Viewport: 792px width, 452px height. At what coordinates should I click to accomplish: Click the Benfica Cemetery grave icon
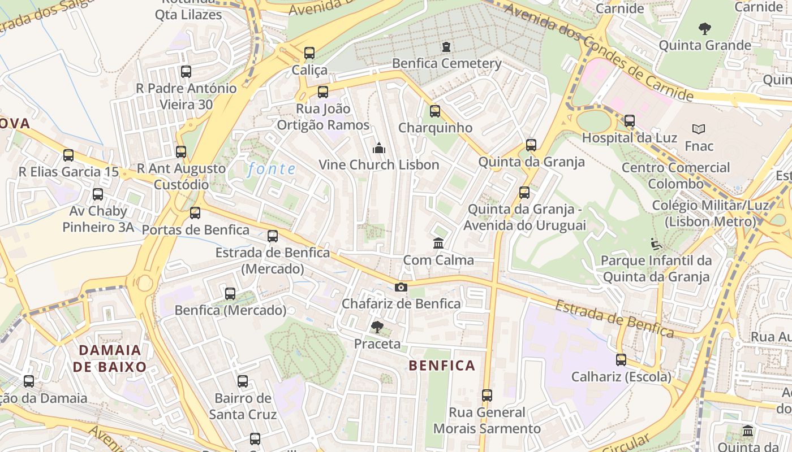[446, 46]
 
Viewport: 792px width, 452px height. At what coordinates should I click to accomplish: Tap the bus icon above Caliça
[309, 53]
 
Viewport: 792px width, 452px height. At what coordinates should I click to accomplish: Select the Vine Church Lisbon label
[379, 165]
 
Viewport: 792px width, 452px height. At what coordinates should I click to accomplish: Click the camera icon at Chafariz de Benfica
[401, 288]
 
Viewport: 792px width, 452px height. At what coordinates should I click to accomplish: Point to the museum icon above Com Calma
[438, 244]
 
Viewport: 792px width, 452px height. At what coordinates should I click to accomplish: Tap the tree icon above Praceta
[377, 327]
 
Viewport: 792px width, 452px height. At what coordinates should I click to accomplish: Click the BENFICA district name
[442, 366]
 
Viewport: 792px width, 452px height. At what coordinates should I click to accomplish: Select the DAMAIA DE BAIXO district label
[110, 358]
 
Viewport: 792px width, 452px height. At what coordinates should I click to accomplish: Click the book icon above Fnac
[699, 129]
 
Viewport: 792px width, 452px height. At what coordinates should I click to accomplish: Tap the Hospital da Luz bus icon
[629, 120]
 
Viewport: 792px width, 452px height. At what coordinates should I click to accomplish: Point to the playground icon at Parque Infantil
[656, 244]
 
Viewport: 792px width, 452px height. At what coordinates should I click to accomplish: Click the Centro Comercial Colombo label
[676, 176]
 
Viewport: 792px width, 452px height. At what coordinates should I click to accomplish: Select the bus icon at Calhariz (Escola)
[621, 360]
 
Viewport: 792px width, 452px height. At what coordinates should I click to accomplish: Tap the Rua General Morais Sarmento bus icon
[487, 395]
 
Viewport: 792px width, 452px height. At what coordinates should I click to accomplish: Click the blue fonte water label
[272, 169]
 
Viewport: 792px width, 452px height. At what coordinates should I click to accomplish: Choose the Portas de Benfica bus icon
[195, 213]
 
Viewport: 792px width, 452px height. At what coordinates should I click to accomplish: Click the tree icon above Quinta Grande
[704, 28]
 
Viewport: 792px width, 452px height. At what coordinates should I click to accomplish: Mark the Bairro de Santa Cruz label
[243, 406]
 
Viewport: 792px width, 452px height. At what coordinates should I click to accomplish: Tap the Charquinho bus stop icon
[434, 111]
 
